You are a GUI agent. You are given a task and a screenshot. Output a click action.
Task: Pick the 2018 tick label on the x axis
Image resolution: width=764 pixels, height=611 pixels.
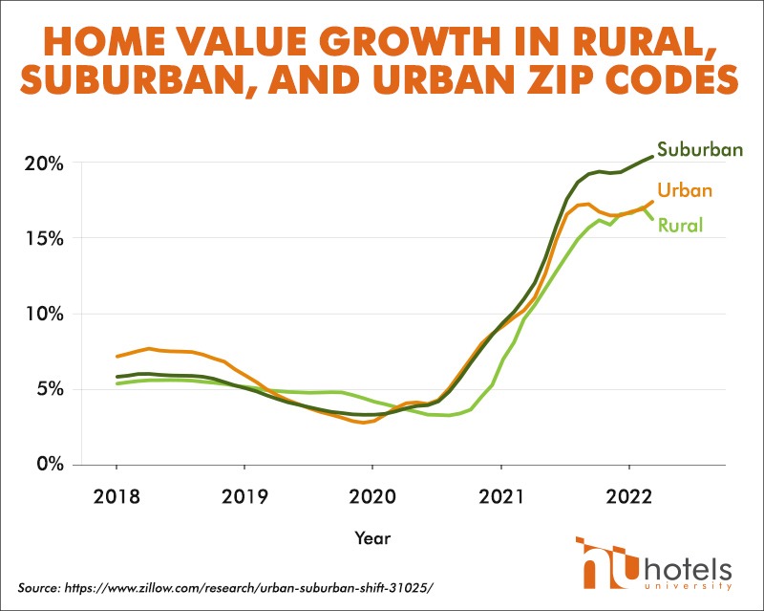117,498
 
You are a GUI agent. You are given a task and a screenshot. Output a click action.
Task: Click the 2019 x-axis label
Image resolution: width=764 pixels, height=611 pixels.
244,498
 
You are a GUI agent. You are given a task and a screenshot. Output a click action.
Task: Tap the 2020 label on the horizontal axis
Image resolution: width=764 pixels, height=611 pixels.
372,498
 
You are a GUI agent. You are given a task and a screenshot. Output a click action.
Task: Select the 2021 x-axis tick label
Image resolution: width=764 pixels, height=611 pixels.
500,498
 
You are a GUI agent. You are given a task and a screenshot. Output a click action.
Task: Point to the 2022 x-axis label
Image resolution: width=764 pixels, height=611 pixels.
628,498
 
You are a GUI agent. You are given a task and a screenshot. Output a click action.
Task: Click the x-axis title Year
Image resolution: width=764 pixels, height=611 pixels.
371,538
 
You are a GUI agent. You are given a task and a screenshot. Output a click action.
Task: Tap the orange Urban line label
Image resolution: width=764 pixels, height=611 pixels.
687,190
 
